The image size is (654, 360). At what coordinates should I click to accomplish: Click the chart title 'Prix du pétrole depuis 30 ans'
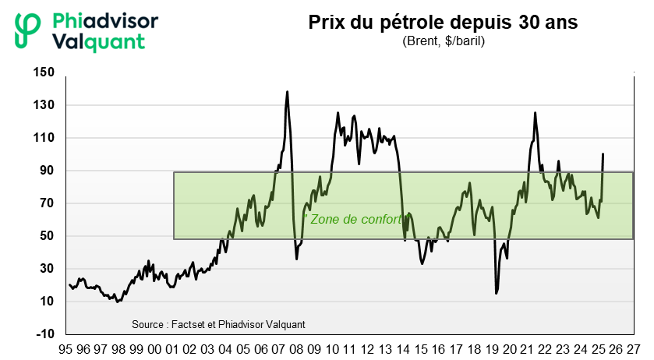pos(443,23)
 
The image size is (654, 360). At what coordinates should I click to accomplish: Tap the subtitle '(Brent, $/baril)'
pos(443,41)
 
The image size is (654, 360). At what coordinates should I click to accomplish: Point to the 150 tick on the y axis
pos(44,72)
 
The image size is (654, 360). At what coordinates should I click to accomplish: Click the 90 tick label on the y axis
pos(48,171)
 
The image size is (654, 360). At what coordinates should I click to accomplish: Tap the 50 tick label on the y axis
pos(48,236)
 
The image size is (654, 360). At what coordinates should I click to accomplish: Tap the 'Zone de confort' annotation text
pos(356,220)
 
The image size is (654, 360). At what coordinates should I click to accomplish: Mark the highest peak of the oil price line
pos(287,92)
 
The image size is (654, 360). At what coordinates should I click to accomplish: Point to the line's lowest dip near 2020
pos(497,293)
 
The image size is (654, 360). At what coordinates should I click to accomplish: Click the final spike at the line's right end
pos(603,154)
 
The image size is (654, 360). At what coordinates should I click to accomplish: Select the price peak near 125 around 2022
pos(535,113)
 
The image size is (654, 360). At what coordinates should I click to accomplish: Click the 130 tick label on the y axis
pos(44,105)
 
